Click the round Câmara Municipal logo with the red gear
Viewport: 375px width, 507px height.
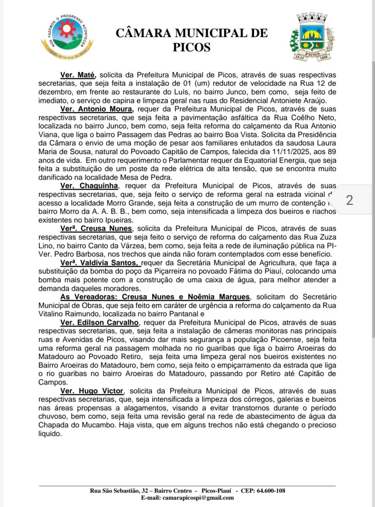[67, 37]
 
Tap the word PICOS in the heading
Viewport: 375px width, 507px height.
[191, 47]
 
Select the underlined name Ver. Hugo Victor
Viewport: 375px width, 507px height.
[92, 391]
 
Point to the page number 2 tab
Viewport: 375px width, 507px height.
[350, 200]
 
